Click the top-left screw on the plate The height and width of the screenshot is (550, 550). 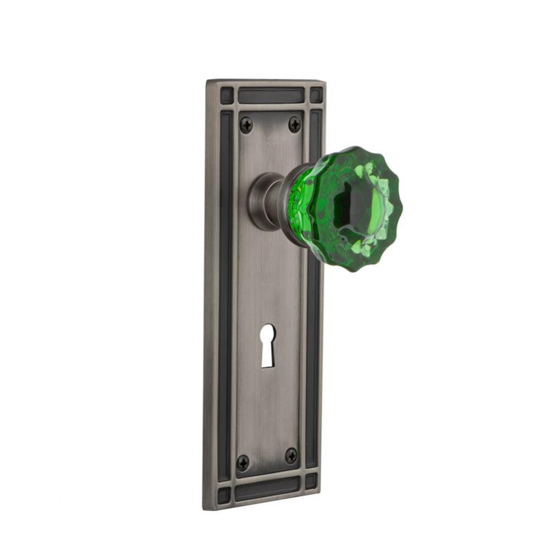(x=246, y=125)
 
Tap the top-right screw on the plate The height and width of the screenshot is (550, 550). (x=295, y=124)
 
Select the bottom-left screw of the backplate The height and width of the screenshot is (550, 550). (x=243, y=462)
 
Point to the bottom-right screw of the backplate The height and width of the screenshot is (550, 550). (x=291, y=455)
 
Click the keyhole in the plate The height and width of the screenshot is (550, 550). (x=268, y=345)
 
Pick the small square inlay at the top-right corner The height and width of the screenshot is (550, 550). (x=316, y=94)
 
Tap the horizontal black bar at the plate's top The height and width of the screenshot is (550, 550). (x=271, y=95)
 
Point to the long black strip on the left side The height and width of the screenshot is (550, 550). (x=225, y=291)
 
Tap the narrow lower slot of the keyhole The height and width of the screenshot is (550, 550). (x=267, y=355)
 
